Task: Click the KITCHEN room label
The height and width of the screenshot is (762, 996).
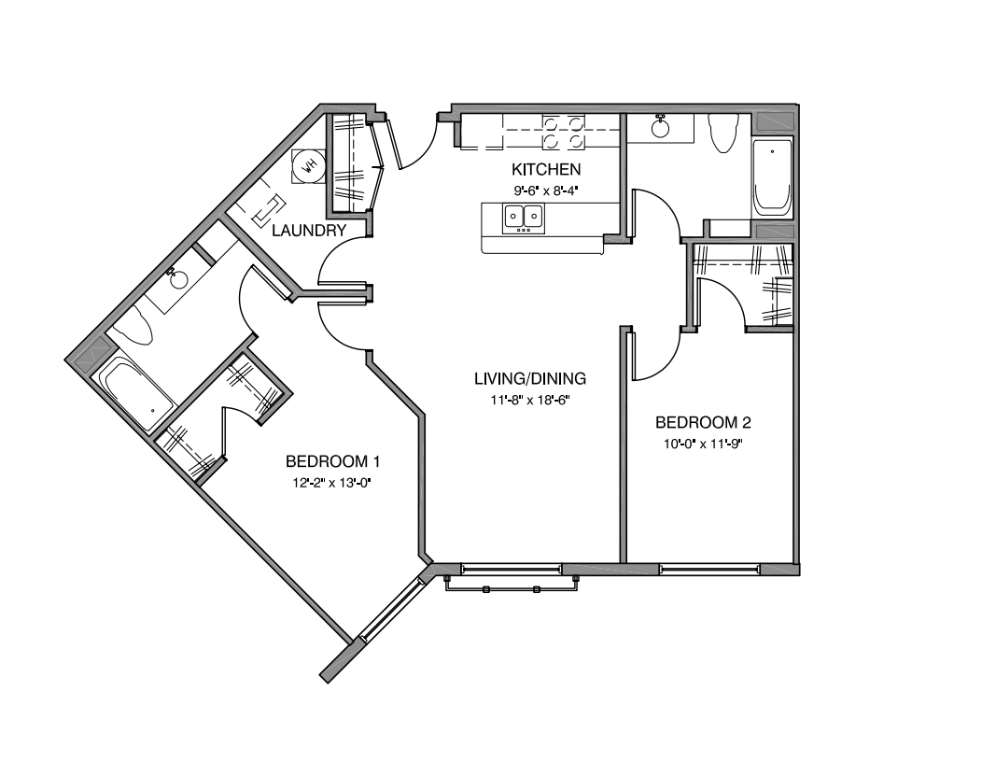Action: tap(546, 169)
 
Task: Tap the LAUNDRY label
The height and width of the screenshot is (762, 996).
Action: tap(310, 230)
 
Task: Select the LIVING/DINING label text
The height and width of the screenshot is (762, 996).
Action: tap(530, 378)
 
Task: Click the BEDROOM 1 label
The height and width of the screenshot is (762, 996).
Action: tap(332, 461)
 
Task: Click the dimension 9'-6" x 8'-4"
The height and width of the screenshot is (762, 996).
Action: tap(546, 189)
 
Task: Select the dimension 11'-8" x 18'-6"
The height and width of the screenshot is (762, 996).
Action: tap(530, 399)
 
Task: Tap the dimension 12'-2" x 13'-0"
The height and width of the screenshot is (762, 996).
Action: tap(332, 483)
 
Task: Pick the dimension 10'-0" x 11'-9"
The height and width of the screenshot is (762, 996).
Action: tap(702, 444)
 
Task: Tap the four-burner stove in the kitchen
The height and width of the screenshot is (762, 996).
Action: tap(565, 132)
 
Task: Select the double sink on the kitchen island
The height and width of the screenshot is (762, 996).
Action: tap(524, 219)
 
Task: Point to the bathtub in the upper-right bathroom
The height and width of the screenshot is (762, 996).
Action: tap(772, 176)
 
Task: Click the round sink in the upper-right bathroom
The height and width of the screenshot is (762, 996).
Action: tap(663, 126)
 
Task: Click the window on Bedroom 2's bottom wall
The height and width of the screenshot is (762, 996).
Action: tap(708, 569)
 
